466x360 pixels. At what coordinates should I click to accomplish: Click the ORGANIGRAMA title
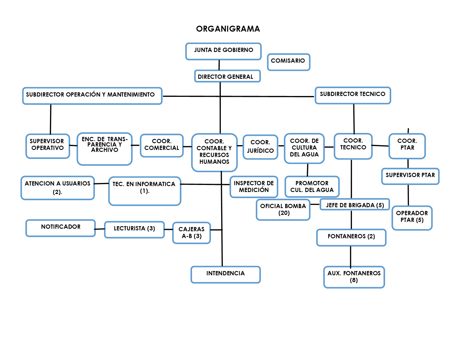[228, 29]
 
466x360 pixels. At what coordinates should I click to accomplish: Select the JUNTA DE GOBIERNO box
[223, 51]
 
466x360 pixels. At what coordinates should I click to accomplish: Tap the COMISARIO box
[288, 62]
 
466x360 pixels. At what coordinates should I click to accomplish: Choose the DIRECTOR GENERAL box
[227, 76]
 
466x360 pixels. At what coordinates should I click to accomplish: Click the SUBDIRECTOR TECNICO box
[352, 95]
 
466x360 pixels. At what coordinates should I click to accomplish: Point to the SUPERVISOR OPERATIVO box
[48, 146]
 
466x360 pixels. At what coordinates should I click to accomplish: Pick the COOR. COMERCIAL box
[162, 146]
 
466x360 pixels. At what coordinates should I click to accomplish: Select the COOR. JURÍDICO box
[260, 147]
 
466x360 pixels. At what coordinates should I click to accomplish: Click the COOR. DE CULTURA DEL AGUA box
[304, 148]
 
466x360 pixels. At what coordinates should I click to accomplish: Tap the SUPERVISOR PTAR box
[410, 176]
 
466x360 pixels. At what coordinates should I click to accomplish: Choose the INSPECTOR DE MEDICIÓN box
[254, 187]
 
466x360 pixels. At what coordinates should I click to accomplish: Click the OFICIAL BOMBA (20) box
[283, 210]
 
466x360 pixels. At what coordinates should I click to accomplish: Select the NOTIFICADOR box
[60, 228]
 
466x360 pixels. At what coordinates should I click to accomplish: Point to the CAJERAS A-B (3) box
[191, 233]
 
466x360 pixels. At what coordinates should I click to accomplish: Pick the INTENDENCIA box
[226, 275]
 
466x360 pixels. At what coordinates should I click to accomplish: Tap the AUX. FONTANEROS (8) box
[354, 277]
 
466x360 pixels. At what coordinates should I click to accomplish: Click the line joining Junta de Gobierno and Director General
[219, 65]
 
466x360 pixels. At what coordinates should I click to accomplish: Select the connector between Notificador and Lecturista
[100, 229]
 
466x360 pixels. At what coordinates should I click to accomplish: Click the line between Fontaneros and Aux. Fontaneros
[350, 256]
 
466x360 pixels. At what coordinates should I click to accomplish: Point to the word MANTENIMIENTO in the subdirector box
[131, 95]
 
